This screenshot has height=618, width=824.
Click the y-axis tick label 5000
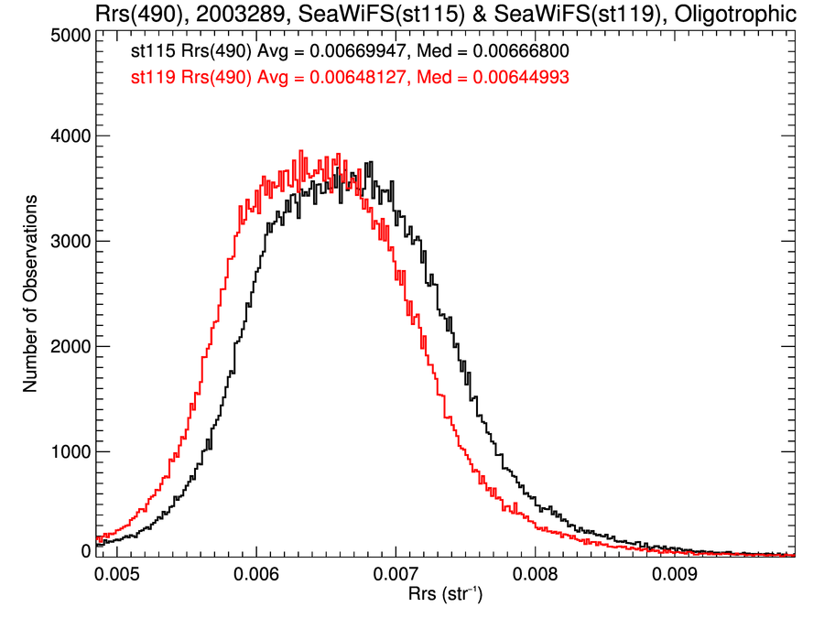pyautogui.click(x=70, y=35)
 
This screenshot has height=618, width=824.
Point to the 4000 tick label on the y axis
pyautogui.click(x=70, y=136)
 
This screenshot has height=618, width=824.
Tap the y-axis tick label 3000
pyautogui.click(x=70, y=242)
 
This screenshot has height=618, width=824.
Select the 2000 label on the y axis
pyautogui.click(x=70, y=347)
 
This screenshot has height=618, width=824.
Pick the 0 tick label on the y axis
pyautogui.click(x=85, y=551)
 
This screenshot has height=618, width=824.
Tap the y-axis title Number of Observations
pyautogui.click(x=30, y=293)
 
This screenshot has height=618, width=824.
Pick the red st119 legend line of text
pyautogui.click(x=351, y=79)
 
